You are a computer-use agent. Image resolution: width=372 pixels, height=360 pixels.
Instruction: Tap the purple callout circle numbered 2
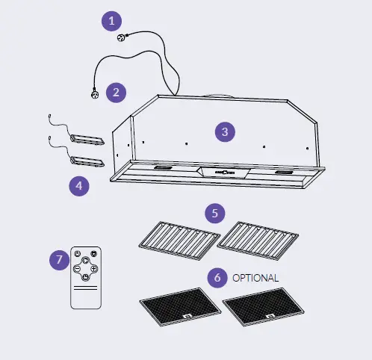coord(115,93)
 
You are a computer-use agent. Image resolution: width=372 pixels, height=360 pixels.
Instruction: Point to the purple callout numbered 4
coord(80,184)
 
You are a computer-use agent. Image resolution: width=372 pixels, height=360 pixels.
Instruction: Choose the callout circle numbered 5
coord(215,213)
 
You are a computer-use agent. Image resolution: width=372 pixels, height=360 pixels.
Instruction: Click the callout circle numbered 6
coord(217,277)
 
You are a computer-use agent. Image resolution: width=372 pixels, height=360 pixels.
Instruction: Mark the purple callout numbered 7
coord(58,260)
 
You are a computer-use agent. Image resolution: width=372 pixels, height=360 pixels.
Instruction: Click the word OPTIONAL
coord(255,278)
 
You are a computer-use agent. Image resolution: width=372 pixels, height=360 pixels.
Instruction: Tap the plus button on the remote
coord(94,268)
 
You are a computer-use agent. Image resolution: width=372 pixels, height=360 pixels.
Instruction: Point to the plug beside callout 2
coord(95,94)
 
